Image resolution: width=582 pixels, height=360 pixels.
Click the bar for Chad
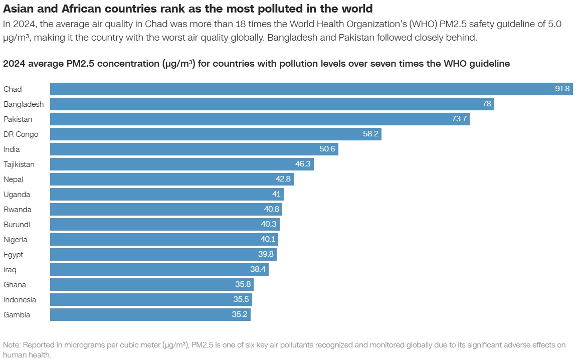pos(301,89)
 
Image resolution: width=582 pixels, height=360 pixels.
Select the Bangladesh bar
pos(271,104)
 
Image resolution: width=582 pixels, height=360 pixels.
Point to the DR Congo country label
pos(21,134)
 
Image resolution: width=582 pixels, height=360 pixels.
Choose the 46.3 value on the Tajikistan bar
pos(303,164)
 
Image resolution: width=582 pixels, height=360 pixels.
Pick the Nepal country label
pos(14,179)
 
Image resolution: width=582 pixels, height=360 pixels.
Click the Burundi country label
pos(17,225)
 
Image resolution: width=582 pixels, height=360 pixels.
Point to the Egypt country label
pos(14,255)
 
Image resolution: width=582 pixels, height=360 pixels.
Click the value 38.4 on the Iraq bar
pos(258,270)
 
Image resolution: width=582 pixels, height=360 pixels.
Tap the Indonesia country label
pos(20,300)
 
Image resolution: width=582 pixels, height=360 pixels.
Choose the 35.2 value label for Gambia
pos(240,315)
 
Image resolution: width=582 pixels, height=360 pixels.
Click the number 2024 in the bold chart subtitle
pos(14,64)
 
